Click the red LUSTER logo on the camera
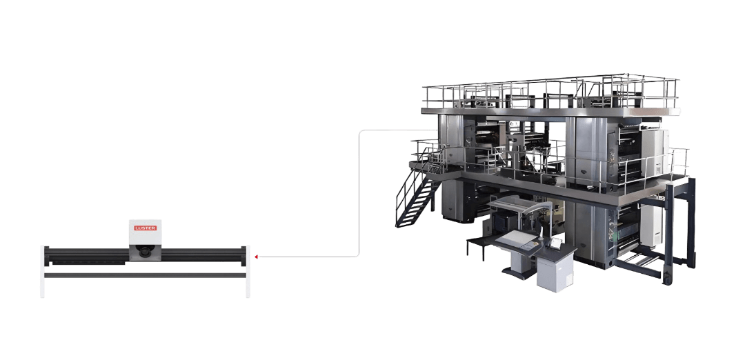point(145,228)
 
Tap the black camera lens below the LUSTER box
point(144,252)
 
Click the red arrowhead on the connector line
point(256,257)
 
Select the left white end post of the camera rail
point(42,272)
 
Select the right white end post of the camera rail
point(248,272)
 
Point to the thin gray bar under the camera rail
point(145,275)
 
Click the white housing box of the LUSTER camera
point(145,239)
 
